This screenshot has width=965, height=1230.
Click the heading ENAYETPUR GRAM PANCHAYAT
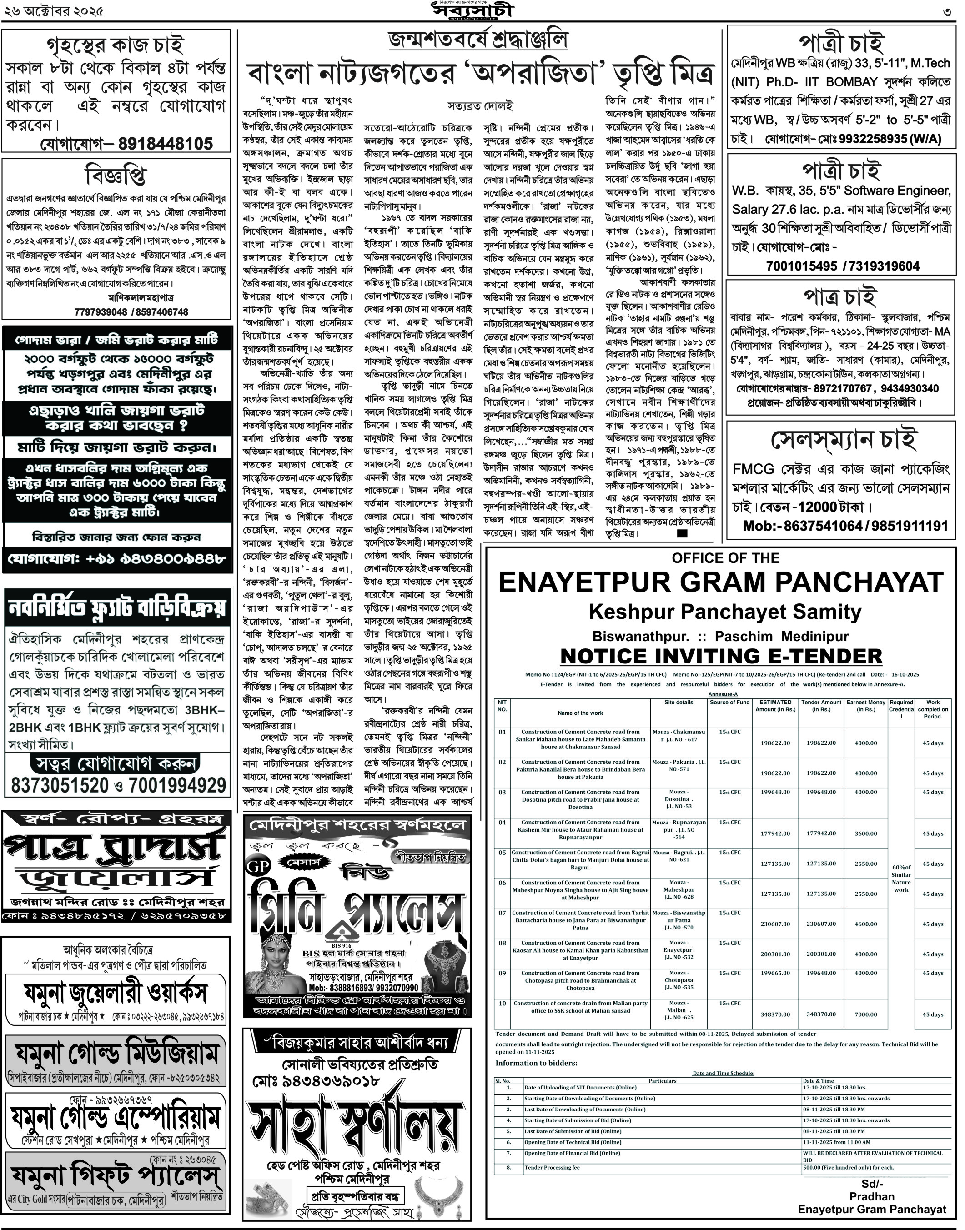coord(721,582)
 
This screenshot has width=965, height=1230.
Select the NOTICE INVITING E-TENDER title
coord(721,657)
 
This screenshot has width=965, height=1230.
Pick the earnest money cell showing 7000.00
coord(865,1014)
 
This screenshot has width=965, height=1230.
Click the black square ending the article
coord(682,533)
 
